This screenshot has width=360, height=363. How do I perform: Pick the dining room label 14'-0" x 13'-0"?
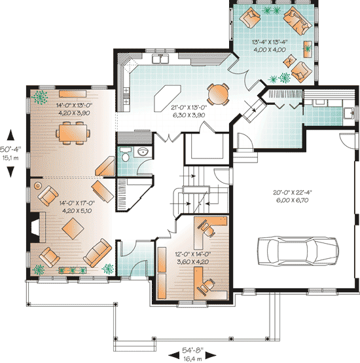73,105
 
